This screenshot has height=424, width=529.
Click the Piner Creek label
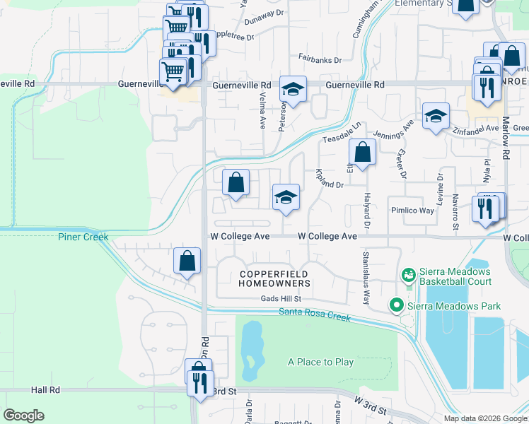pyautogui.click(x=83, y=237)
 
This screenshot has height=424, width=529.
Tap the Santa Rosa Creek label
pyautogui.click(x=315, y=315)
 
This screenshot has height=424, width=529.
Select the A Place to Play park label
pyautogui.click(x=320, y=362)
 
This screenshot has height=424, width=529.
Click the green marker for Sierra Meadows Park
pyautogui.click(x=397, y=305)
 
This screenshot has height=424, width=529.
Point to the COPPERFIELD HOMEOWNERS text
pyautogui.click(x=275, y=278)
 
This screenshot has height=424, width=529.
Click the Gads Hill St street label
pyautogui.click(x=281, y=299)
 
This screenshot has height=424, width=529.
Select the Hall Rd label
pyautogui.click(x=46, y=389)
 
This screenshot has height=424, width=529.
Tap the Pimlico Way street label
pyautogui.click(x=412, y=211)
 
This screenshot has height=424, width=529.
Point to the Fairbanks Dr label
pyautogui.click(x=320, y=60)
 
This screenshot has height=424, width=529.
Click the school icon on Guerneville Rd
pyautogui.click(x=293, y=90)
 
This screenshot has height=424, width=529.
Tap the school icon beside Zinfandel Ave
pyautogui.click(x=436, y=115)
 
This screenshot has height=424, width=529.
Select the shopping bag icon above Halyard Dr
pyautogui.click(x=362, y=152)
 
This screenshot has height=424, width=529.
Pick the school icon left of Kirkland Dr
pyautogui.click(x=286, y=197)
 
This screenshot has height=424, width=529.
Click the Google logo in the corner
pyautogui.click(x=23, y=415)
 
